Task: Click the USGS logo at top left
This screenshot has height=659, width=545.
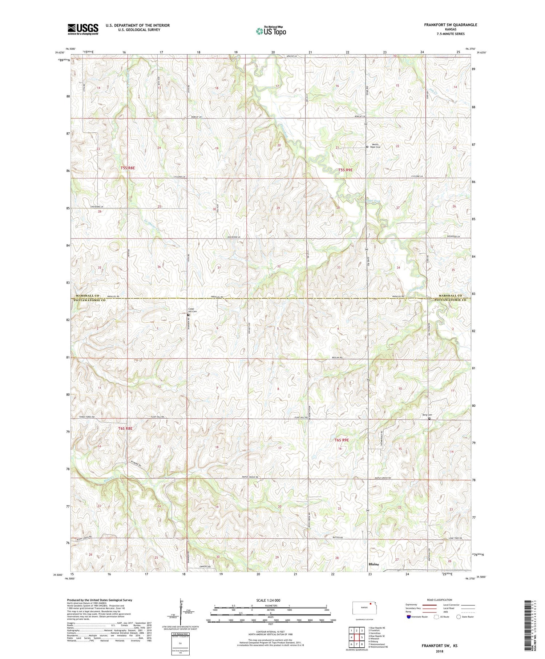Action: tap(83, 29)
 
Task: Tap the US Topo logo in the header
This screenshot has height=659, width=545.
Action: tap(271, 31)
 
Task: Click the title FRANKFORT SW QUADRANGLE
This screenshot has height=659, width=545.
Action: tap(450, 25)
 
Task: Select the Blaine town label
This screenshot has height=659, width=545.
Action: tap(374, 564)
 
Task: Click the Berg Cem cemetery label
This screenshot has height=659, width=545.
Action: tap(427, 415)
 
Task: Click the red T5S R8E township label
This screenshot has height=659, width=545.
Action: tap(128, 168)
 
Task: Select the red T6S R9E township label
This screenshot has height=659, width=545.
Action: tap(341, 440)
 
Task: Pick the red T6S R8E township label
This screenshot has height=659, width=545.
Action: tap(125, 429)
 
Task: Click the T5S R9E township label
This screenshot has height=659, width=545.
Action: tap(345, 170)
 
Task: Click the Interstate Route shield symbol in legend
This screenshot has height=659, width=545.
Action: tap(409, 617)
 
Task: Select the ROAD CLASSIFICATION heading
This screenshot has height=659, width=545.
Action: tap(439, 600)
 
